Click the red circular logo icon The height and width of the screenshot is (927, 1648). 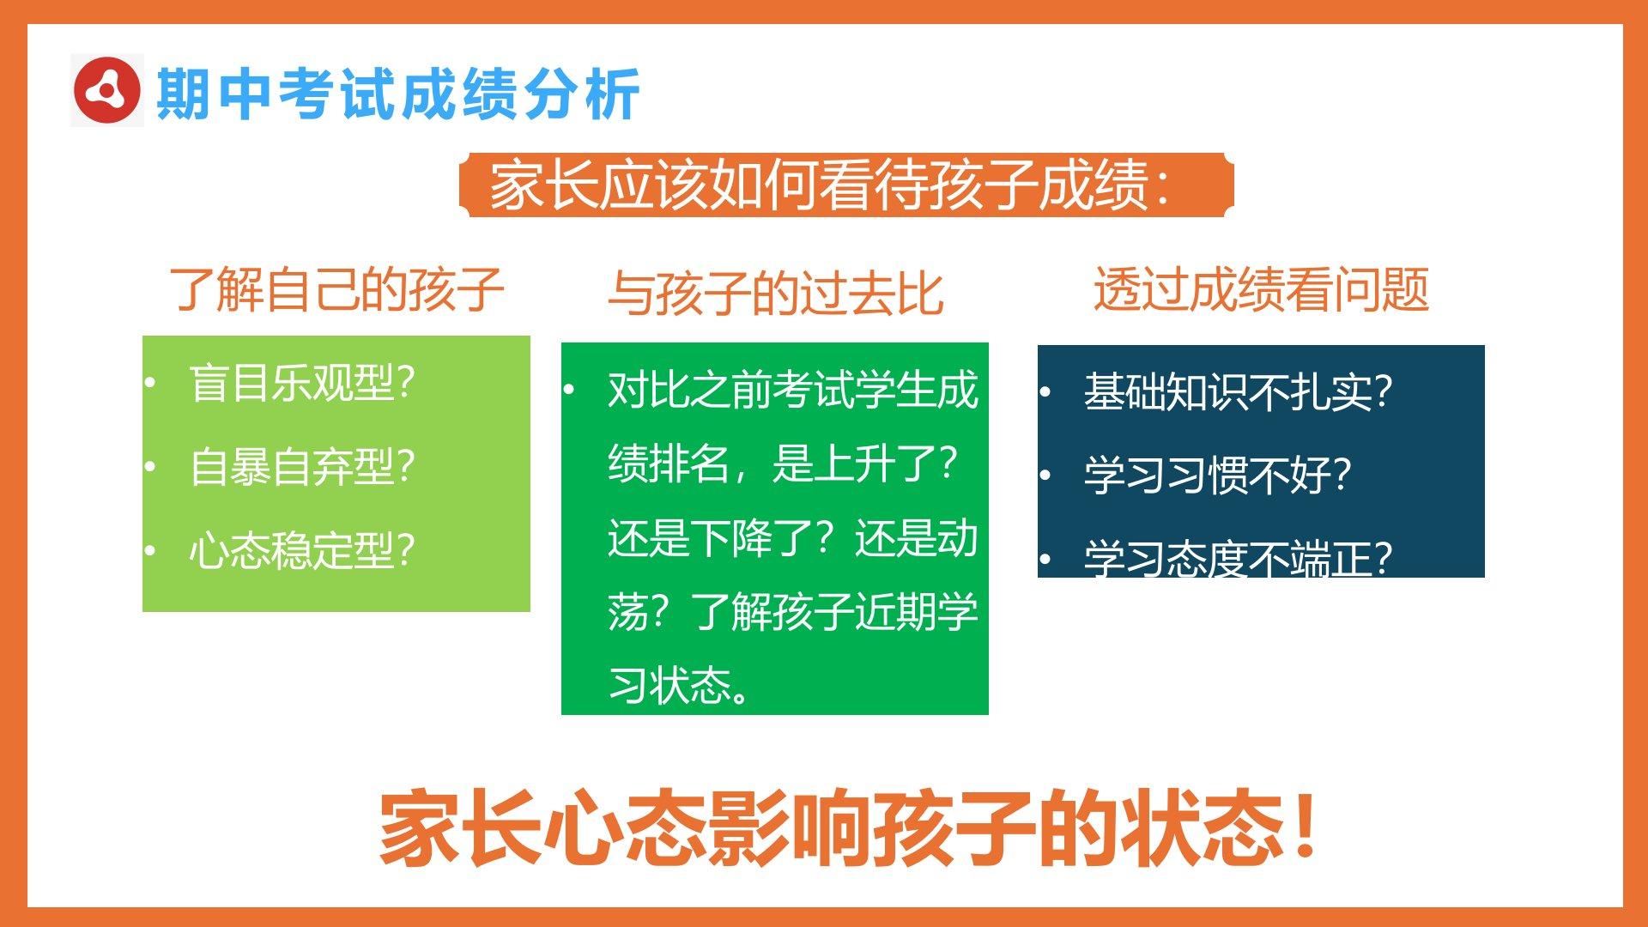[106, 90]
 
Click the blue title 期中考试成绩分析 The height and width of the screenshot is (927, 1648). [398, 94]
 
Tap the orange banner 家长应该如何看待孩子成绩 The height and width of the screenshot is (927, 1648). [846, 185]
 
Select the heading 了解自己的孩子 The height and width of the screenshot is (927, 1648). [336, 289]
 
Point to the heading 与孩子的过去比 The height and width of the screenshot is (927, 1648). [776, 294]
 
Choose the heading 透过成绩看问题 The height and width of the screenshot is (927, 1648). [1261, 288]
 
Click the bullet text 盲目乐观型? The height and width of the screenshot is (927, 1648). [303, 383]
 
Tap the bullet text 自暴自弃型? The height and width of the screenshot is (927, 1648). [303, 467]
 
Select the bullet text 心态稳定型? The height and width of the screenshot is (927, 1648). [303, 550]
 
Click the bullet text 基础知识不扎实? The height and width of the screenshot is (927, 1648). [1239, 392]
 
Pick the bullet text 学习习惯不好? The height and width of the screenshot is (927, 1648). [1218, 476]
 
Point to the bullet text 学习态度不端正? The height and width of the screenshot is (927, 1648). [1239, 558]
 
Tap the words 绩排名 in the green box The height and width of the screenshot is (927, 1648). [669, 463]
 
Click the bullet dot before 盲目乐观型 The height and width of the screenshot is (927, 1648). [150, 383]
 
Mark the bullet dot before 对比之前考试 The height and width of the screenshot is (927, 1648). [568, 390]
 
